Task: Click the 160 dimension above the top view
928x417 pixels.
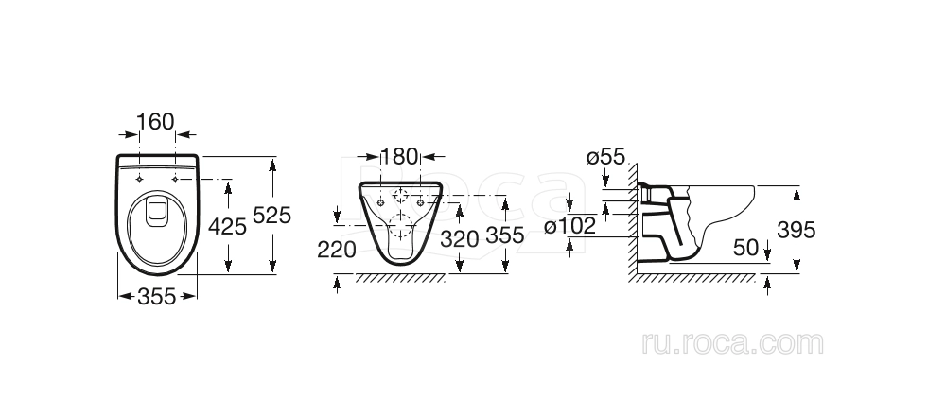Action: tap(156, 122)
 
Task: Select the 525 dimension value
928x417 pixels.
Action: tap(271, 216)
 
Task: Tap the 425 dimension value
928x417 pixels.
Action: tap(227, 226)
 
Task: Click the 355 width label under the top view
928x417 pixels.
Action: tap(157, 296)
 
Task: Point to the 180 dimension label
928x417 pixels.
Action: tap(399, 157)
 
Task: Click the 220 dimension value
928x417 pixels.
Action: tap(337, 250)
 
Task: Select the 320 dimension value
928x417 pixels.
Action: tap(459, 239)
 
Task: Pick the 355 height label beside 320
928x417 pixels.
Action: tap(505, 235)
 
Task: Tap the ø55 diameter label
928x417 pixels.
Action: tap(605, 157)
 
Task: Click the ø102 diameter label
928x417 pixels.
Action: tap(569, 226)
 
